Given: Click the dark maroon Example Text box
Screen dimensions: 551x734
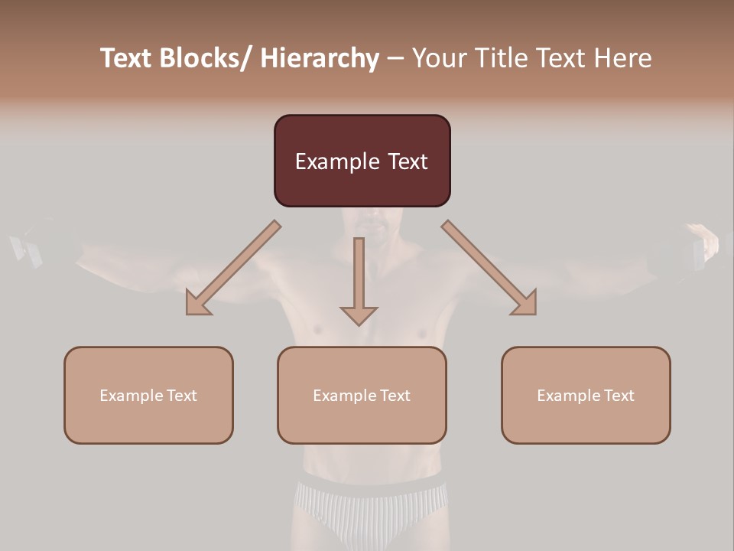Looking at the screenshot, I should (362, 161).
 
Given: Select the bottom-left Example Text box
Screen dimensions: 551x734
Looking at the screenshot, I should (148, 395).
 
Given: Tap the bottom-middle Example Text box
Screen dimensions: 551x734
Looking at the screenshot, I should (362, 395).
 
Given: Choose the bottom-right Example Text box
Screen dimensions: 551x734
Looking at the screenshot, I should (586, 395).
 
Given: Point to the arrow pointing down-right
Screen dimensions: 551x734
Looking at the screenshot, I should (490, 268).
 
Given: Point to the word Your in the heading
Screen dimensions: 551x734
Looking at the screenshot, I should (437, 58).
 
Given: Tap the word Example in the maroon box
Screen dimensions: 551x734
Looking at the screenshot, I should (336, 161).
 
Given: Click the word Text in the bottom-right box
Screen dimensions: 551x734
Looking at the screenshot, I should (617, 395).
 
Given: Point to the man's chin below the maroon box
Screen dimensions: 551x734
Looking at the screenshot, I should (372, 227).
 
